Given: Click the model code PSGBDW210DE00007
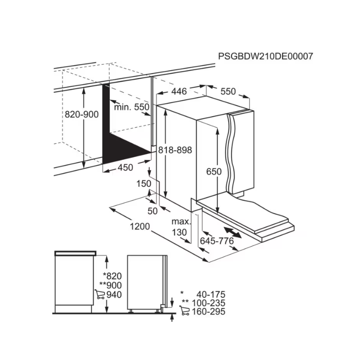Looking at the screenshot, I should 265,56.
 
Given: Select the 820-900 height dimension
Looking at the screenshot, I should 81,115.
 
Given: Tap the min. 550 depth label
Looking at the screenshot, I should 131,107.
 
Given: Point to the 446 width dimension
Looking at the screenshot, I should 179,91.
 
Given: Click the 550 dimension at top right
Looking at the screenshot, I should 228,91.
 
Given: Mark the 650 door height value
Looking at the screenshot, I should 214,171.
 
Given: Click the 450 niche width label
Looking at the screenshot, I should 125,167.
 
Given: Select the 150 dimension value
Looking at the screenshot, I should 144,184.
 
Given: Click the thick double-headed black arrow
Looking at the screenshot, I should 232,232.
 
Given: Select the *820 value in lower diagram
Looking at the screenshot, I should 112,276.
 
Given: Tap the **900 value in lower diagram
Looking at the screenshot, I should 111,285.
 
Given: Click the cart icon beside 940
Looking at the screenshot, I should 100,295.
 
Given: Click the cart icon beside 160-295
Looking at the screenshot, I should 184,311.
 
